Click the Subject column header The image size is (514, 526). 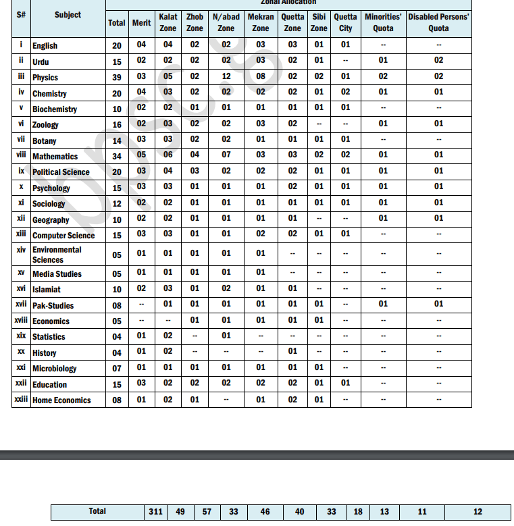point(68,14)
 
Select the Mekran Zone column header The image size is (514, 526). point(261,22)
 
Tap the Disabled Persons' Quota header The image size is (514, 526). point(438,22)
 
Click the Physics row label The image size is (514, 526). point(45,78)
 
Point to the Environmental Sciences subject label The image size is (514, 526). point(57,255)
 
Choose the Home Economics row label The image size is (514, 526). point(61,400)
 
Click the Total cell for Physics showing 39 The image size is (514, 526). point(117,78)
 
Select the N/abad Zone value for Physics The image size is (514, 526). point(226,77)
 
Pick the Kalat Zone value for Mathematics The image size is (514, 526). point(168,155)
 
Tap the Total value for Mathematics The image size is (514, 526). point(117,156)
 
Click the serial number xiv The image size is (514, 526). point(21,250)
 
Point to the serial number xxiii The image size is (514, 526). point(21,400)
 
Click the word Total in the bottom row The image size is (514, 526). point(97,511)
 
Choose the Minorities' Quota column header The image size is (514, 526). point(383,22)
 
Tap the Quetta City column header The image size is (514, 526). point(345,22)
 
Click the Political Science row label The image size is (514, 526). point(61,172)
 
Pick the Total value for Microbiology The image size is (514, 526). point(117,369)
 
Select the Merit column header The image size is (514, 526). point(141,23)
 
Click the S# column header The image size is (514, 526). point(21,14)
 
